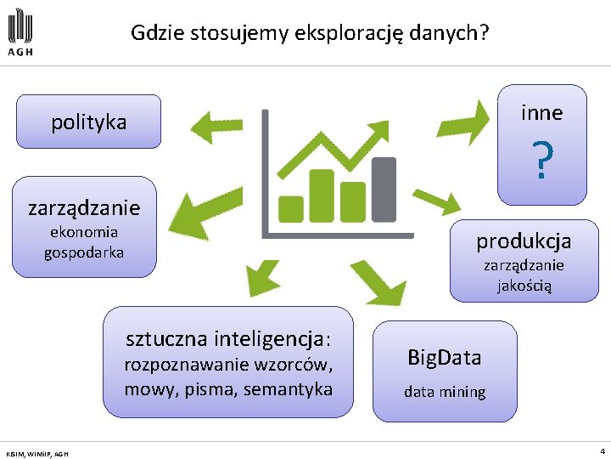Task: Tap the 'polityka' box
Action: click(x=87, y=122)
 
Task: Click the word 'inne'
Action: click(x=542, y=112)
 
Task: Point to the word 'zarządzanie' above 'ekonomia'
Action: click(x=84, y=207)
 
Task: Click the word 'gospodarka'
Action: click(x=84, y=252)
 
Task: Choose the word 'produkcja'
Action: click(x=524, y=241)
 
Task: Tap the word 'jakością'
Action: click(x=524, y=286)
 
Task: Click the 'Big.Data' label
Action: click(x=444, y=358)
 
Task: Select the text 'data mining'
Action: click(x=444, y=392)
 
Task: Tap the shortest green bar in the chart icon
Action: click(x=293, y=207)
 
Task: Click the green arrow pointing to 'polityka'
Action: click(x=217, y=128)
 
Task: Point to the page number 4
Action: click(x=603, y=450)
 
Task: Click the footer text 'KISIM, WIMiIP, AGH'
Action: click(x=37, y=453)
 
